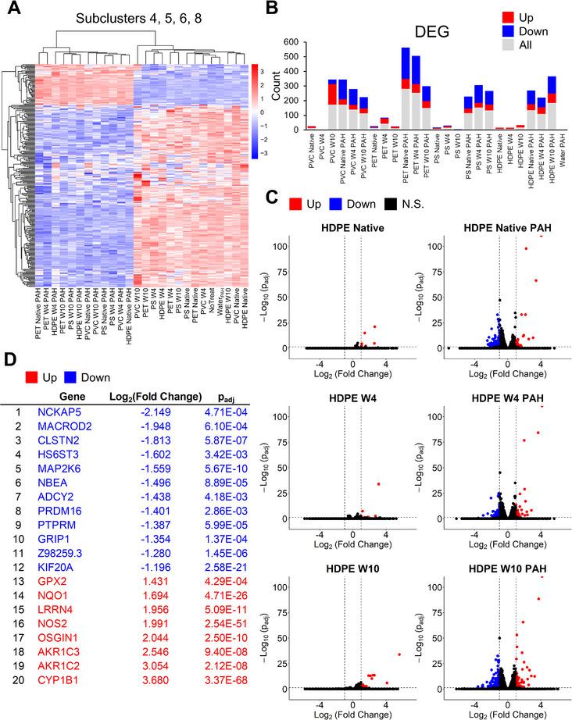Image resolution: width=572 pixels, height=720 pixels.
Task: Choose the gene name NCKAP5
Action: [61, 411]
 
